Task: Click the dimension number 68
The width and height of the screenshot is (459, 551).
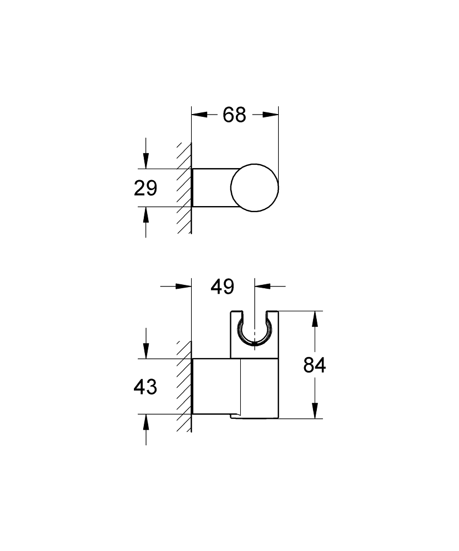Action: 234,115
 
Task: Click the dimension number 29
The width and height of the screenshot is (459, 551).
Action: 146,188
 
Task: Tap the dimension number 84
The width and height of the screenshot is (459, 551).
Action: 315,365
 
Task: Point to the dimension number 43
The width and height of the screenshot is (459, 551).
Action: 146,387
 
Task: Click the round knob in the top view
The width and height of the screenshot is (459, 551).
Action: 255,187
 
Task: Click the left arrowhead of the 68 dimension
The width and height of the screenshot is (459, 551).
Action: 198,115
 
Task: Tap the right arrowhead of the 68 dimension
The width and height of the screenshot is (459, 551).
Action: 271,115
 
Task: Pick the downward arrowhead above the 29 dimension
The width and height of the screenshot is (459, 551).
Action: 146,161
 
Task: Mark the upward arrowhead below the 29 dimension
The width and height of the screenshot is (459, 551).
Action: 146,214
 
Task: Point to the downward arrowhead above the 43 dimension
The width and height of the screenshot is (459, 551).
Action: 146,351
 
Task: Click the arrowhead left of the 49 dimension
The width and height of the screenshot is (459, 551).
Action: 183,286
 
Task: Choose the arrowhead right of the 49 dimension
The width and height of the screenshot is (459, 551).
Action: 262,286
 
